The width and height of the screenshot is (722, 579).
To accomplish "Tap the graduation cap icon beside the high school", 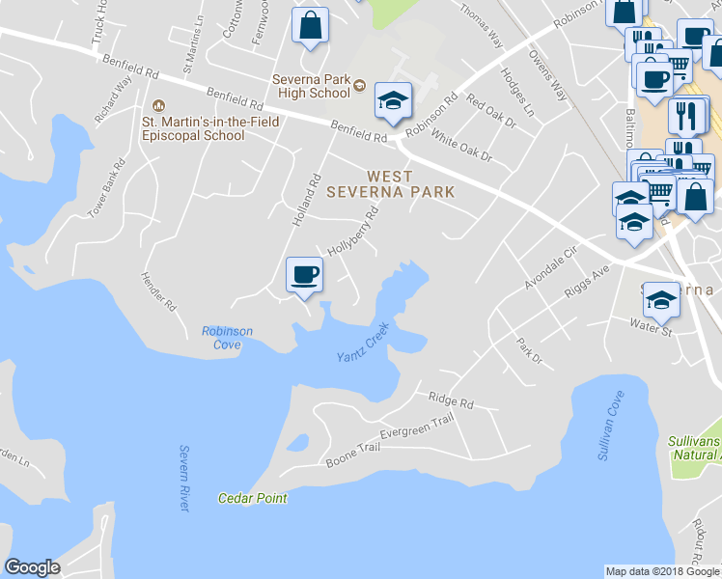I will tap(393, 100).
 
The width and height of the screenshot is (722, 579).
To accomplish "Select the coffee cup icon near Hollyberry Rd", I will tap(305, 275).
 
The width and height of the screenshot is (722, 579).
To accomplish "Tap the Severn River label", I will tap(184, 478).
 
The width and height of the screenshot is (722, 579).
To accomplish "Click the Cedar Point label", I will tap(253, 498).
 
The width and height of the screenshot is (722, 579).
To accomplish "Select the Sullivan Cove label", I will tap(610, 425).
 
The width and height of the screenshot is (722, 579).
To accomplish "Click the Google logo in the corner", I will tap(32, 567).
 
